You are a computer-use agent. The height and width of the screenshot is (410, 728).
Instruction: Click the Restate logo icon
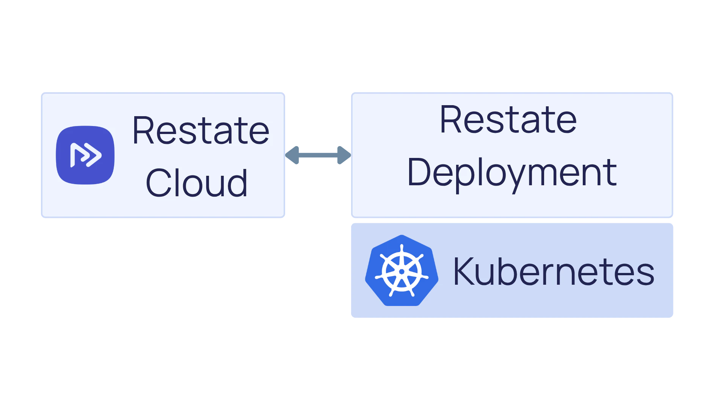tap(85, 155)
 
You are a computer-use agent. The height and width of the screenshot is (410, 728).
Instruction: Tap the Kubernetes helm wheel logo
tap(402, 271)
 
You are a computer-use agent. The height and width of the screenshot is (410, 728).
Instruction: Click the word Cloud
tap(196, 183)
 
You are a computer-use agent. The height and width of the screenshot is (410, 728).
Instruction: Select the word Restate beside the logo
tap(201, 131)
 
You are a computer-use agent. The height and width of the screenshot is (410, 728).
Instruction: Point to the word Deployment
tap(511, 173)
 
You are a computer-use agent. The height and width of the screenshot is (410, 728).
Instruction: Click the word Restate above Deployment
tap(508, 120)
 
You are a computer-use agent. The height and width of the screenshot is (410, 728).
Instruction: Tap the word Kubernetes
tap(554, 271)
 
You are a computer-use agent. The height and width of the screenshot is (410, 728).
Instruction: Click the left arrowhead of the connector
tap(293, 155)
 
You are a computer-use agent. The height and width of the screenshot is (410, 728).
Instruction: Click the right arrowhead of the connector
tap(344, 155)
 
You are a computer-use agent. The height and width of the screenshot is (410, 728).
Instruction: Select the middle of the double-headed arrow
tap(318, 155)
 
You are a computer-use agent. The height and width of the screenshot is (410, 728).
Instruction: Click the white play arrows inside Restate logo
tap(86, 155)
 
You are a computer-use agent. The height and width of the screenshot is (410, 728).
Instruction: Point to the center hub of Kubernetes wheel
tap(402, 271)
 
